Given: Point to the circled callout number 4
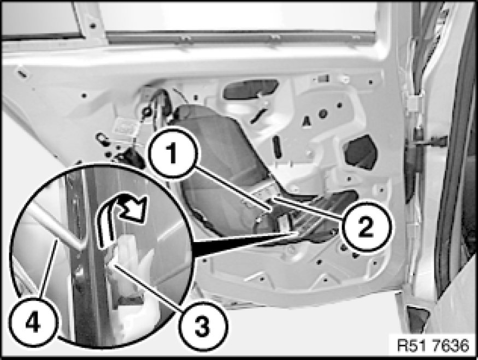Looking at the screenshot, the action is click(33, 322).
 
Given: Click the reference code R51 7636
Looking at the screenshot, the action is click(433, 346).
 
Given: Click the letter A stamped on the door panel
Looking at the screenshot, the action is click(306, 121).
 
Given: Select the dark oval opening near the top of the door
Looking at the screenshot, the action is click(251, 88).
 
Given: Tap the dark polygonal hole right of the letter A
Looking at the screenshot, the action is click(361, 152).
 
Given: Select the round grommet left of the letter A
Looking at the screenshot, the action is click(322, 114).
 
